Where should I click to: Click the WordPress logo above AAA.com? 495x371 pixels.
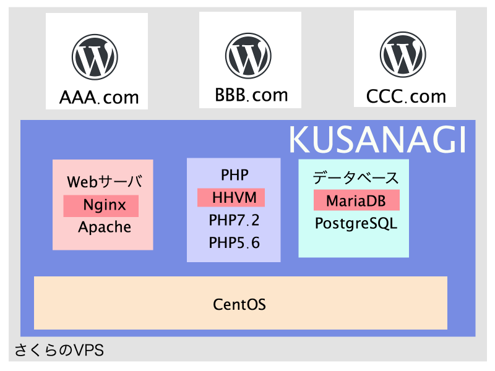tap(95, 57)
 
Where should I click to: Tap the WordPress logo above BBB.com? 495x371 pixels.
tap(249, 56)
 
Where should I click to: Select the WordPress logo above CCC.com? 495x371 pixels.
tap(403, 54)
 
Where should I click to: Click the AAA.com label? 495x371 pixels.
tap(99, 97)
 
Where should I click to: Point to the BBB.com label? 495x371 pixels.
tap(251, 95)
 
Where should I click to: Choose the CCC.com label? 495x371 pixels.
tap(406, 96)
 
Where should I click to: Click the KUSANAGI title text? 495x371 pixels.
tap(377, 140)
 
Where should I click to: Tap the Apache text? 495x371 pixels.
tap(105, 227)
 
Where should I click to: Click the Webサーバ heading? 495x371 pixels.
tap(105, 181)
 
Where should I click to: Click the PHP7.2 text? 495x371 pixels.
tap(234, 220)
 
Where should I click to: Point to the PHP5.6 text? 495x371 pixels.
tap(234, 242)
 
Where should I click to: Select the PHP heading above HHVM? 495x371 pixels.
tap(235, 175)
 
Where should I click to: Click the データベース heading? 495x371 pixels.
tap(356, 177)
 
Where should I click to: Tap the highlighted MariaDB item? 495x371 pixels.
tap(357, 200)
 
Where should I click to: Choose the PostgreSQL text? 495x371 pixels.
tap(356, 223)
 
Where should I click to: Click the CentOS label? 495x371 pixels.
tap(239, 304)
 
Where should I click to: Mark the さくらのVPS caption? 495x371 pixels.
tap(59, 350)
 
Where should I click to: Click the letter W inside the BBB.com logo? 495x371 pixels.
tap(249, 56)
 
